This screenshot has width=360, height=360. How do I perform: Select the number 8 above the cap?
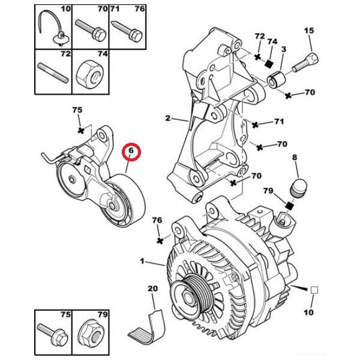coord(295,158)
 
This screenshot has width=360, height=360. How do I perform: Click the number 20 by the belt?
coord(152,290)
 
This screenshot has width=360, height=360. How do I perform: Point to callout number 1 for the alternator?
coord(142,261)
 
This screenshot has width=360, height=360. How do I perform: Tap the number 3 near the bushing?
coord(283,48)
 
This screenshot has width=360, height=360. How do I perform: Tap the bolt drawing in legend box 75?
coord(53,331)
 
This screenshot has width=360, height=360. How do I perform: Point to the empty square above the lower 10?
coord(313,290)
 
